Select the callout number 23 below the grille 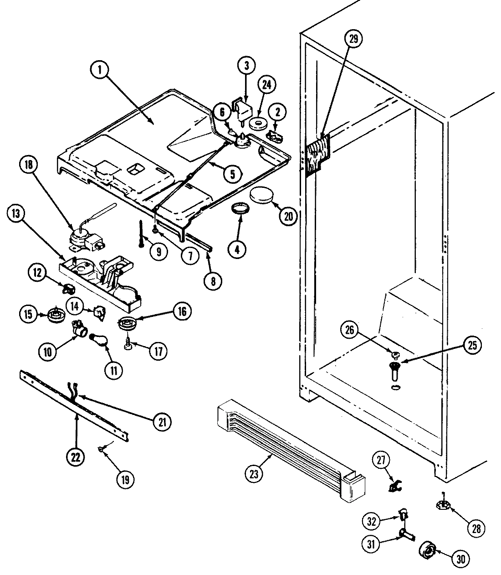(254, 474)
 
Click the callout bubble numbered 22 (75, 457)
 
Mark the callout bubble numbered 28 (476, 528)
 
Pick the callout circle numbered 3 (246, 66)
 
